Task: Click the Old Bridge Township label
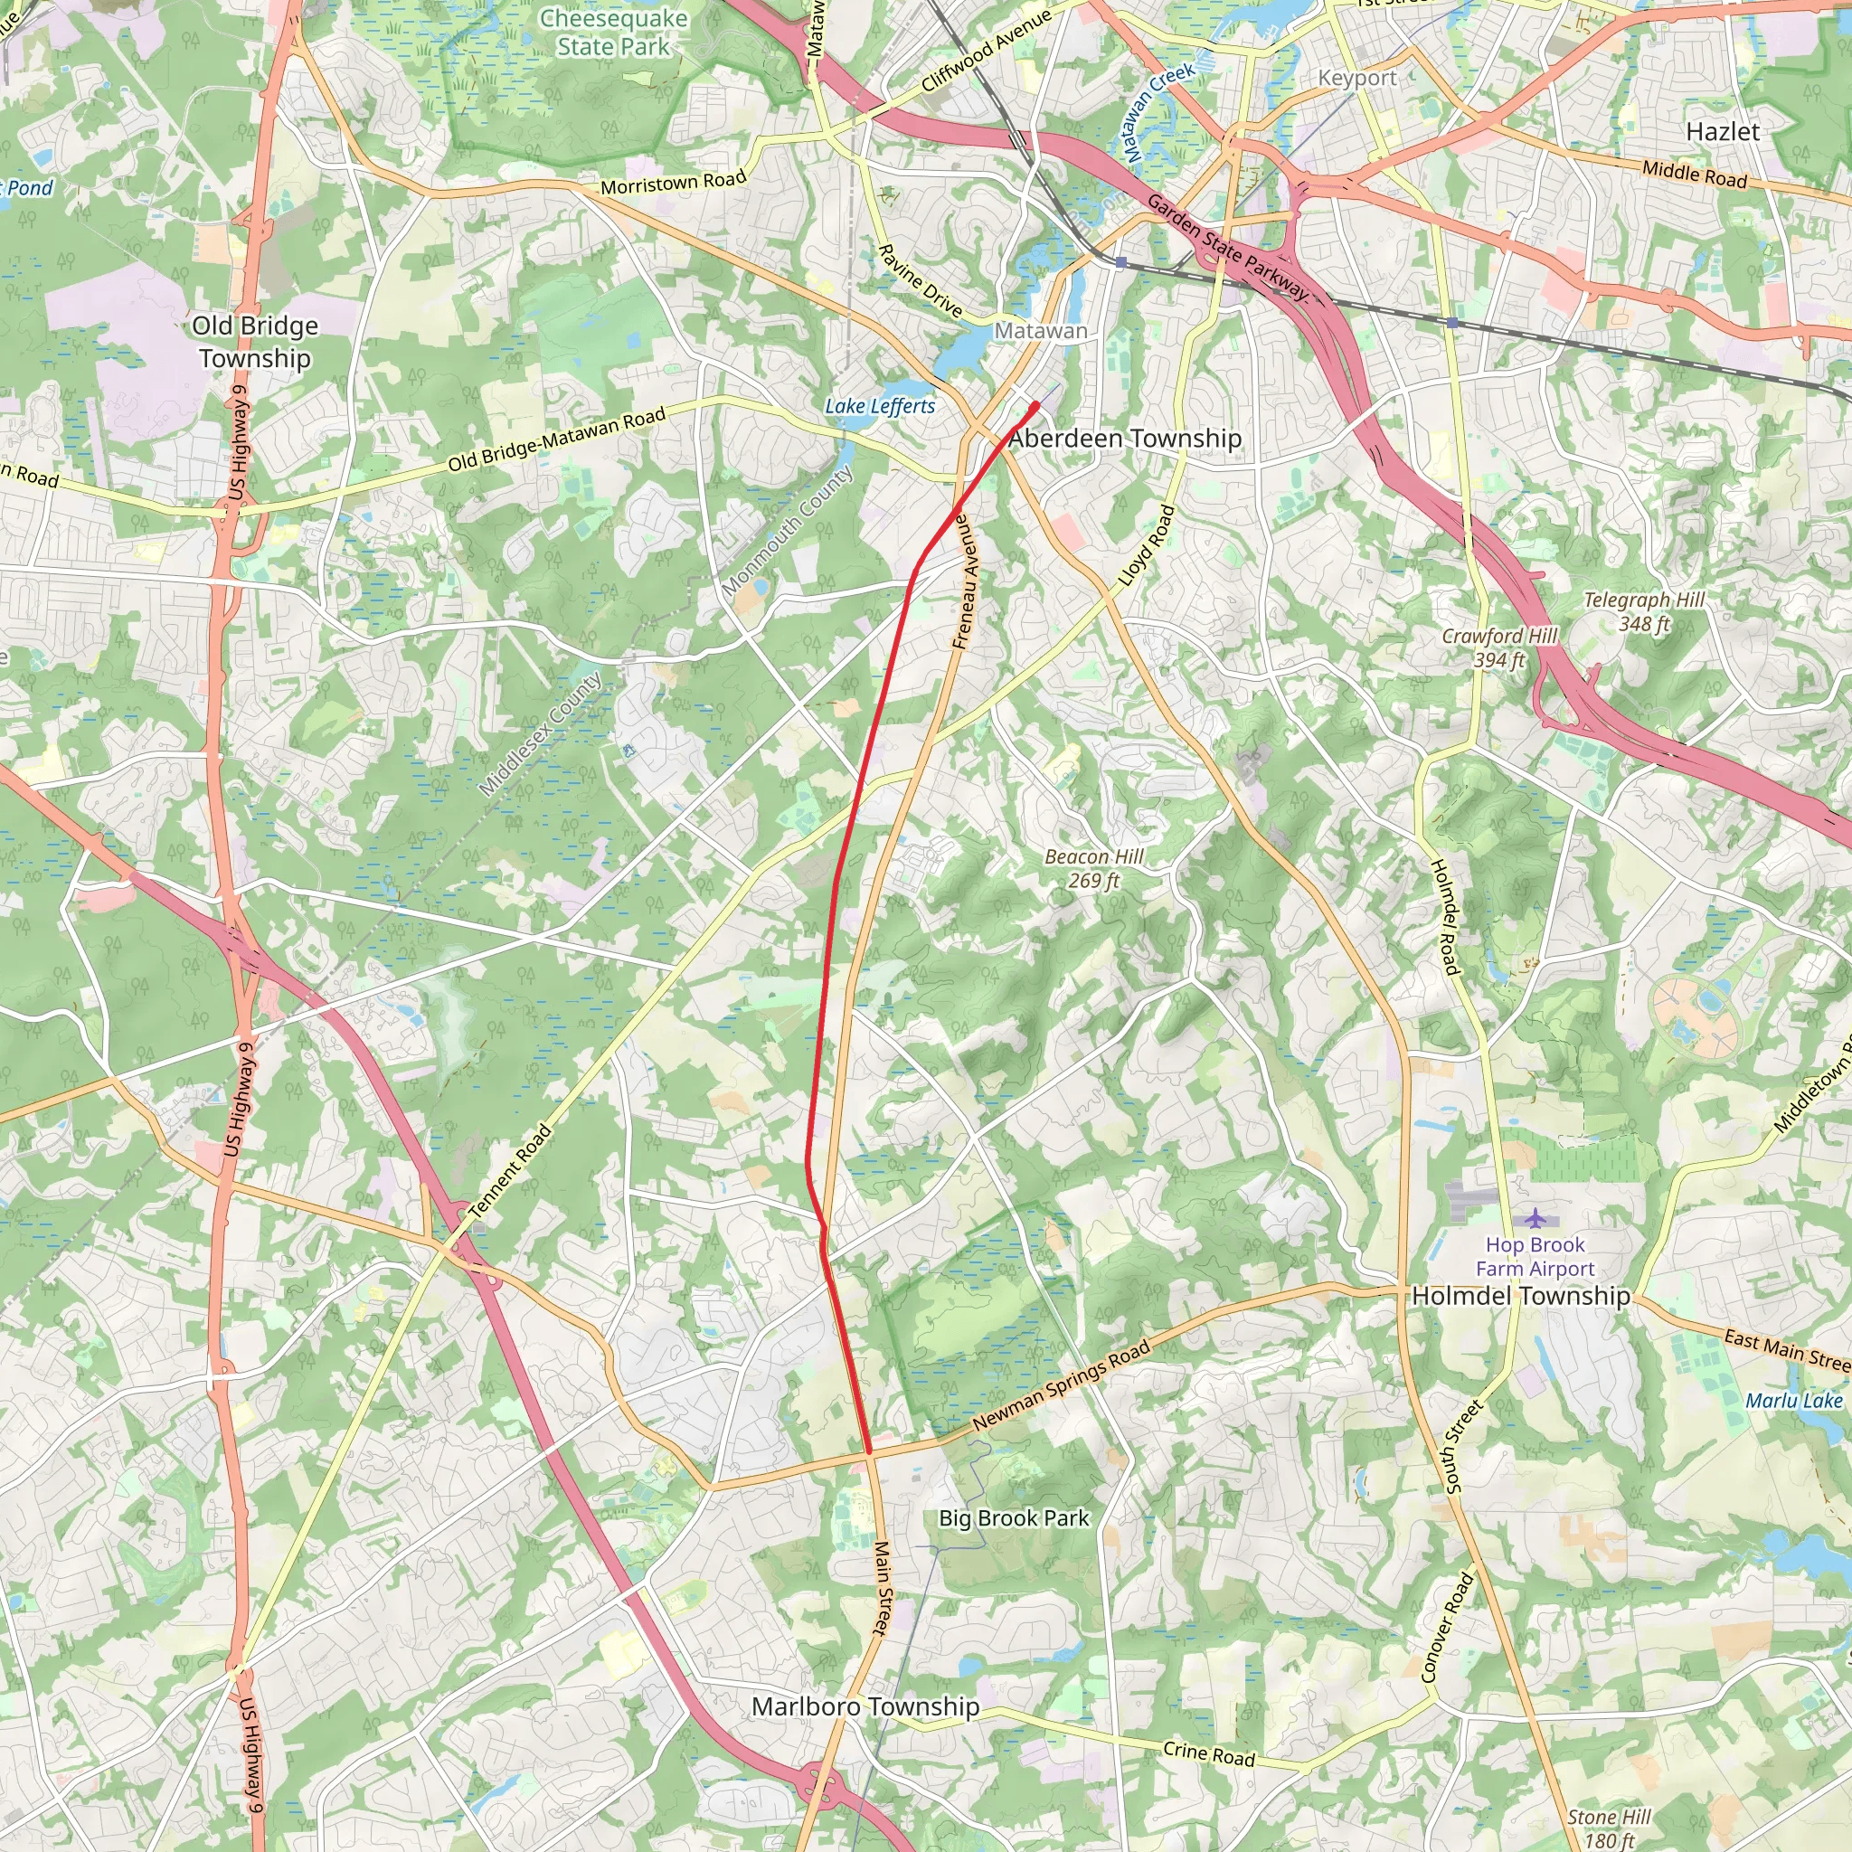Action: [254, 341]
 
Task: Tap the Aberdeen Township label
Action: [1124, 439]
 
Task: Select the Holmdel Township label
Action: [1520, 1296]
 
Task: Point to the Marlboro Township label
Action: [865, 1706]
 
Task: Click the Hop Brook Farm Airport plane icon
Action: [1535, 1218]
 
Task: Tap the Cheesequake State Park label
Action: [613, 32]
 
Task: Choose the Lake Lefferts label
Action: [880, 406]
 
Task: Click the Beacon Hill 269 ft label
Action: [1094, 868]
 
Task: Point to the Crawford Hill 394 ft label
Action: [1499, 648]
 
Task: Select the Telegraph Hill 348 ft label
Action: [1644, 611]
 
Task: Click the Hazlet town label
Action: [1723, 131]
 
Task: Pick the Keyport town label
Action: [1357, 79]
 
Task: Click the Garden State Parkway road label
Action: [1228, 247]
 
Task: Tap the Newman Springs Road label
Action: [1061, 1387]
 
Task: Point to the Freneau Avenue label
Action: [967, 581]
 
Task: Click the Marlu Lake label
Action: [1793, 1401]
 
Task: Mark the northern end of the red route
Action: [1035, 406]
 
